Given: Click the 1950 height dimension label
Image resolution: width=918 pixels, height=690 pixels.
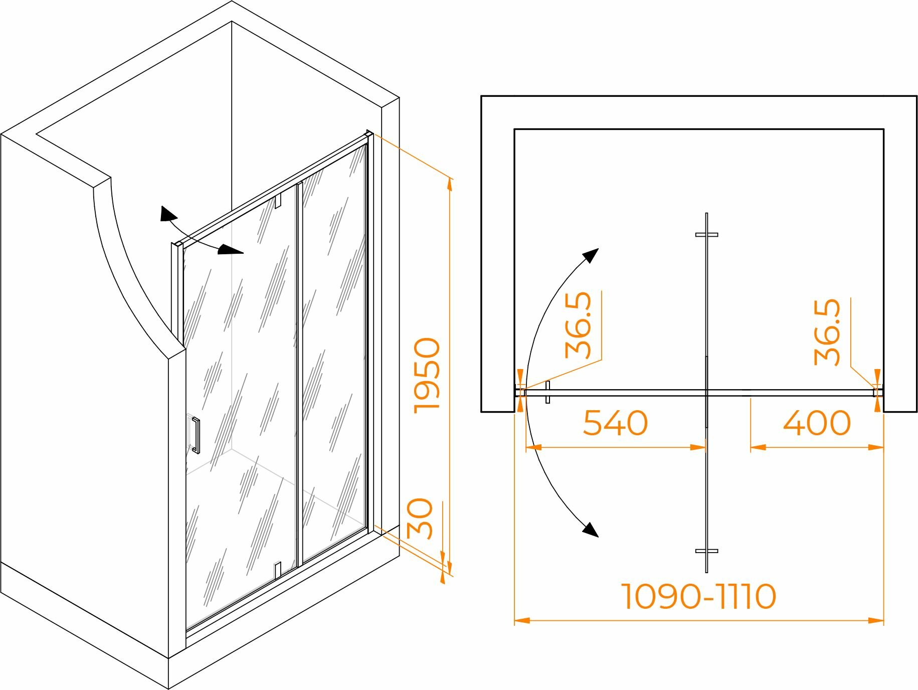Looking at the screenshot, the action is click(427, 376).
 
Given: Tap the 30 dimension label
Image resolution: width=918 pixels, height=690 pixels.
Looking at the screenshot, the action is click(420, 519).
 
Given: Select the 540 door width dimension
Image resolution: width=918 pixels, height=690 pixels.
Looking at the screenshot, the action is click(615, 423).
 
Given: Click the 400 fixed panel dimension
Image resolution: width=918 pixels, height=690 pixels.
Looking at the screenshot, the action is click(817, 423).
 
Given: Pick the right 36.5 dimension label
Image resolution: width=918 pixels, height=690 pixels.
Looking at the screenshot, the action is click(827, 332).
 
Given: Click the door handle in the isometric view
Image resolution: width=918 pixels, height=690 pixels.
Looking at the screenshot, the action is click(196, 435).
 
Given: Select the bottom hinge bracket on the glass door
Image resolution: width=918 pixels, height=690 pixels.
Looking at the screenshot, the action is click(277, 569).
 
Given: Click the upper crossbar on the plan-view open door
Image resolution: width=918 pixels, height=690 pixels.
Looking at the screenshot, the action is click(706, 235).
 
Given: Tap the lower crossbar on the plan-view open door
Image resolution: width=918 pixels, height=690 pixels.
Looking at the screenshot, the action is click(706, 551).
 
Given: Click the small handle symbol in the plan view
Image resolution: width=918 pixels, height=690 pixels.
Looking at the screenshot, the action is click(547, 392).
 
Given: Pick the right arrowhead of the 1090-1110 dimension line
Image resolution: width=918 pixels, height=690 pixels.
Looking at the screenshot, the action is click(877, 621).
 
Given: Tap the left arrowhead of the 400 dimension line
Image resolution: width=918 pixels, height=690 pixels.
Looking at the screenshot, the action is click(758, 447).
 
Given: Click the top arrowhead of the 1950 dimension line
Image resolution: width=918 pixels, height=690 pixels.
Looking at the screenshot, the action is click(449, 184).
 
